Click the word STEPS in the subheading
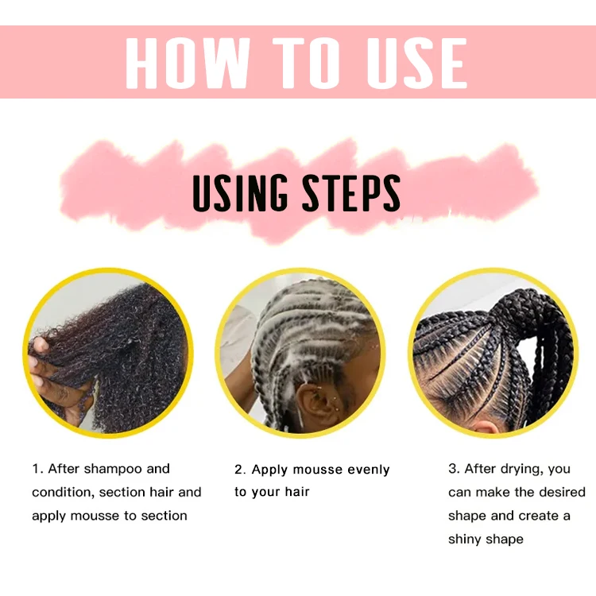[350, 193]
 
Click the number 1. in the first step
[37, 469]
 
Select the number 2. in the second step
[240, 470]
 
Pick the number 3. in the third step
[454, 469]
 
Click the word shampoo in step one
[114, 469]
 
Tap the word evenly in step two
[366, 470]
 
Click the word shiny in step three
[466, 540]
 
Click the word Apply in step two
[269, 470]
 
